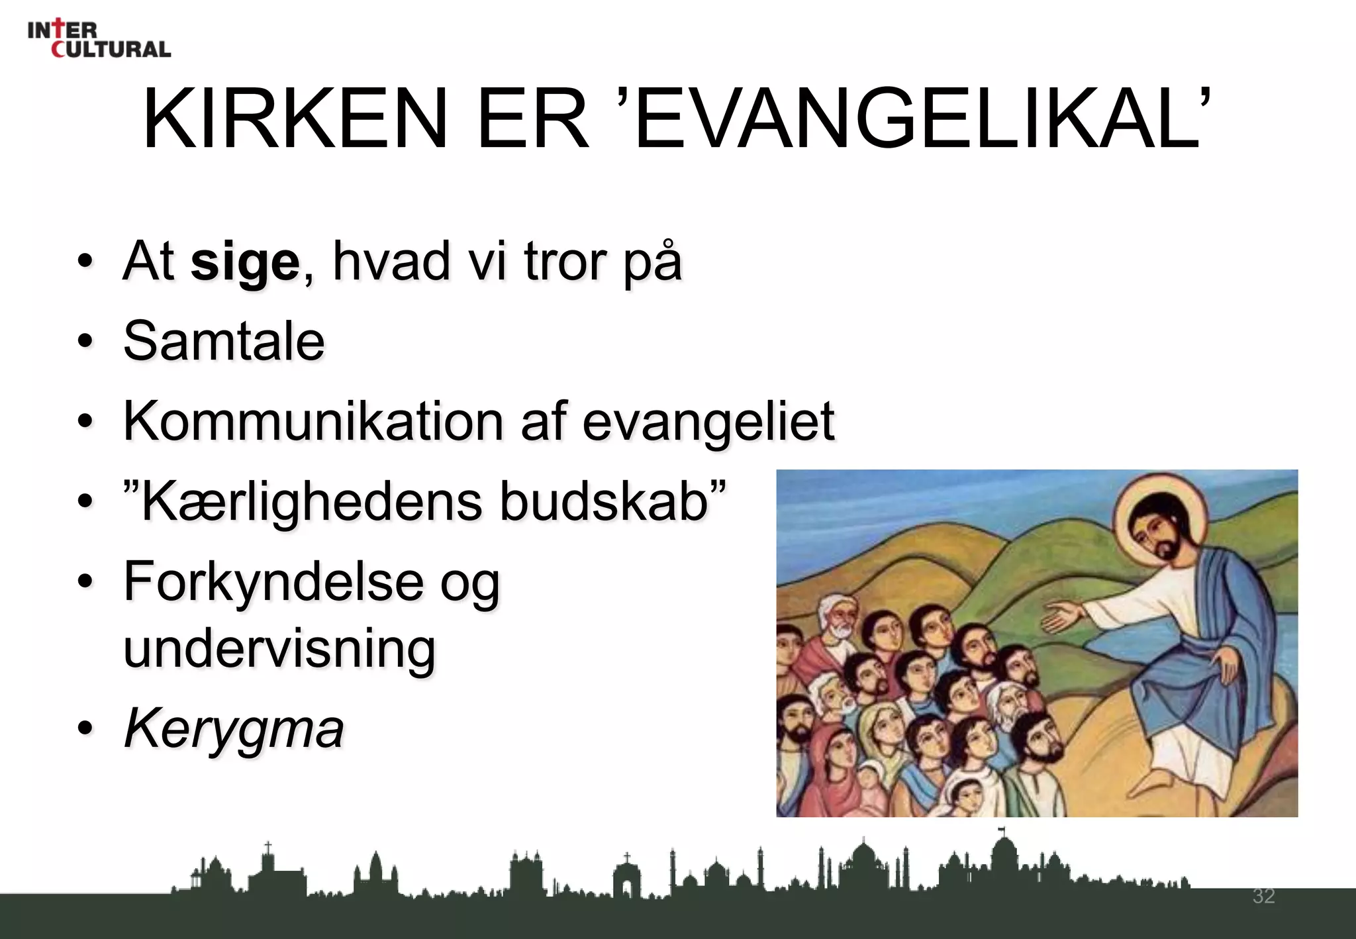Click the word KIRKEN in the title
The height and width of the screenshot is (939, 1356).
295,119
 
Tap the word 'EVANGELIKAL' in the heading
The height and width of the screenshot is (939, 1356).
920,119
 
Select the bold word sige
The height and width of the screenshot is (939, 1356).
245,262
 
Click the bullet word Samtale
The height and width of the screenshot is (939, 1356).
224,342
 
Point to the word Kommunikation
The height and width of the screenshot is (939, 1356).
313,422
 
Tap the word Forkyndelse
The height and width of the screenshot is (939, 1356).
273,581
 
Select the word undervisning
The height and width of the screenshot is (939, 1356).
279,649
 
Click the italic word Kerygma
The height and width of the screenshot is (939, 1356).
234,729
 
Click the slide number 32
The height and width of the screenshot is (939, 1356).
1263,897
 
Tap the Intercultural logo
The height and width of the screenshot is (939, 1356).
99,39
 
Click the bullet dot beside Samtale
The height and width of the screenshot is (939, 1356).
85,342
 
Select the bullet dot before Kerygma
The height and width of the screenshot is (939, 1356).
85,728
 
